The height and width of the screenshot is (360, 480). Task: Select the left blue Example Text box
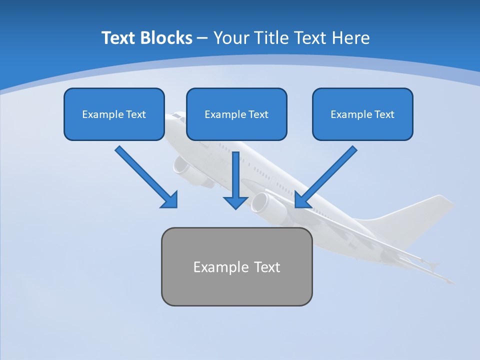(x=114, y=114)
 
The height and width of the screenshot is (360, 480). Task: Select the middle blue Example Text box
(x=236, y=114)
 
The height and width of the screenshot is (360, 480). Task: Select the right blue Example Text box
(x=362, y=114)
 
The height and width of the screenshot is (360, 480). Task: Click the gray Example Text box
(x=236, y=266)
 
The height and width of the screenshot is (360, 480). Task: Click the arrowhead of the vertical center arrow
(x=235, y=202)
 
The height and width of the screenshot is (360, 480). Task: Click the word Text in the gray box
(x=267, y=266)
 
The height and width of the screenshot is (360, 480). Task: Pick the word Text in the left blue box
(x=136, y=114)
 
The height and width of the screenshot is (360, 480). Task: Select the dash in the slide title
(x=202, y=38)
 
